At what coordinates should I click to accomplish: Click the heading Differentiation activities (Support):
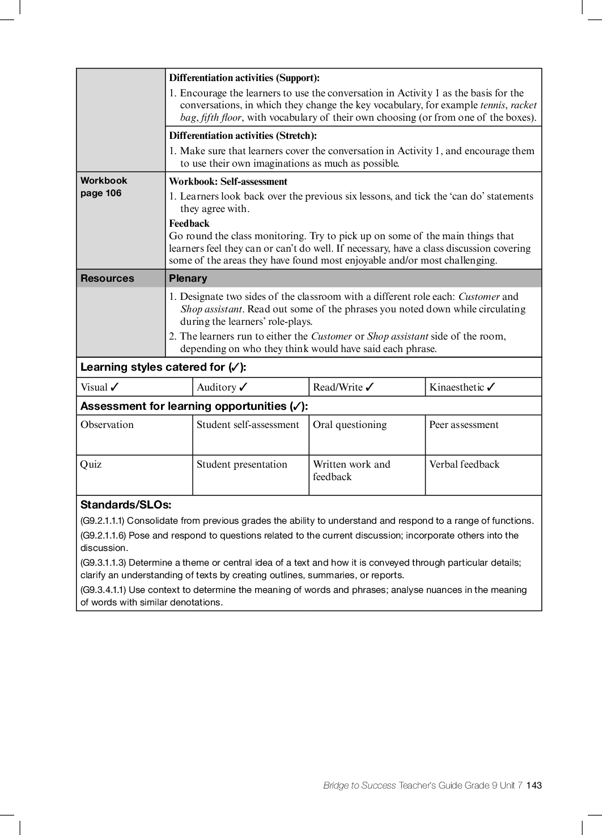(244, 78)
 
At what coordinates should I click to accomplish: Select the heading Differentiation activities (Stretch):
(243, 136)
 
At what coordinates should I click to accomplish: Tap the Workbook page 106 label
(104, 187)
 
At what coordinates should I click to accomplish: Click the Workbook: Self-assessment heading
(228, 182)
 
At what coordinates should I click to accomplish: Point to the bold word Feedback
(189, 223)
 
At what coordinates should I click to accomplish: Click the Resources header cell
(107, 278)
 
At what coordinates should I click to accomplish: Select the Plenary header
(188, 278)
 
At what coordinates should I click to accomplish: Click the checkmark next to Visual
(115, 387)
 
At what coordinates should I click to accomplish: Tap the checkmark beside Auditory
(243, 387)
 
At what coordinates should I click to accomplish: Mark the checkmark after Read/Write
(370, 387)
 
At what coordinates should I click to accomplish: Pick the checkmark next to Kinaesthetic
(491, 387)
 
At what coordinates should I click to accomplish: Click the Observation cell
(107, 425)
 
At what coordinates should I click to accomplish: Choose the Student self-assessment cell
(248, 425)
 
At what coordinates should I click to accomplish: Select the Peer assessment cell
(464, 425)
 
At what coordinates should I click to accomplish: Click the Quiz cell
(91, 465)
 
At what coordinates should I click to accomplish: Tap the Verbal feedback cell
(464, 465)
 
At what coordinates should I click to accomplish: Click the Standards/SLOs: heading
(126, 505)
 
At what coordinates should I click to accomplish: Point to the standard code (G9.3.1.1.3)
(103, 563)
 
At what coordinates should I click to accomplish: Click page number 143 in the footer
(534, 786)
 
